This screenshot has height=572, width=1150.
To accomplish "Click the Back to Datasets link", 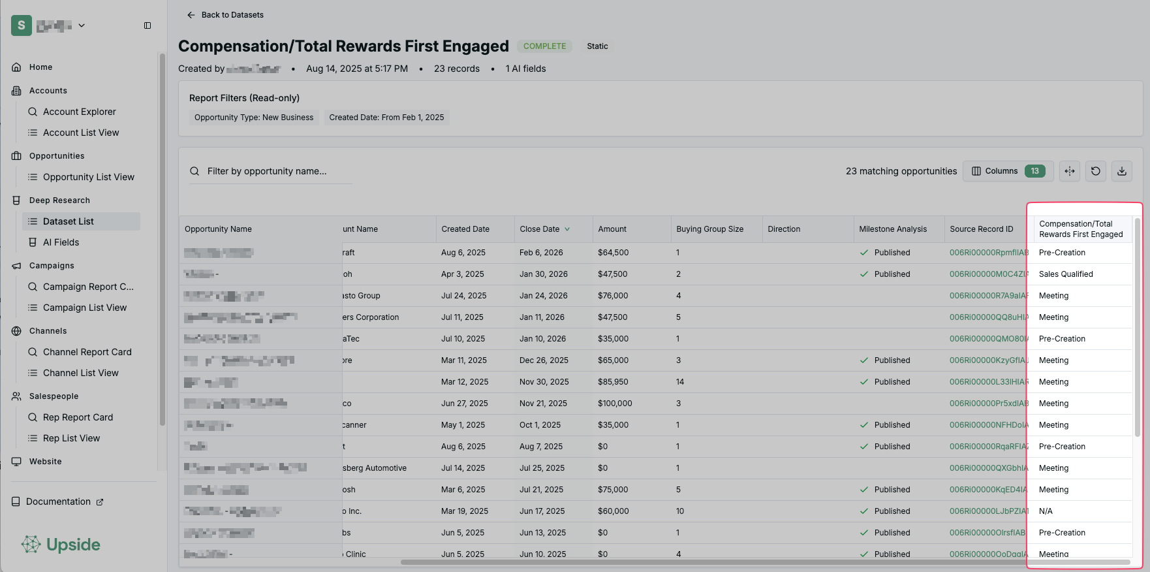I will [x=226, y=15].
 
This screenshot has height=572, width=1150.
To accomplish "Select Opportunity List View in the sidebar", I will [x=88, y=177].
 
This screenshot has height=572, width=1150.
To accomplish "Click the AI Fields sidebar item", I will [x=61, y=242].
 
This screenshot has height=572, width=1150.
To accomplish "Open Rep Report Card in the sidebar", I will [x=78, y=417].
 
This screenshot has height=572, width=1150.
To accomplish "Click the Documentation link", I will [x=58, y=501].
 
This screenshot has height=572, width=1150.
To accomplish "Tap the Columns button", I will [x=1007, y=171].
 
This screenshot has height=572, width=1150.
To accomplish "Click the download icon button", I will [x=1121, y=171].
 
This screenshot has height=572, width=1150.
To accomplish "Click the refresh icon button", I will [x=1095, y=171].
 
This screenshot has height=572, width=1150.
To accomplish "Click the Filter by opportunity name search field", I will [x=274, y=171].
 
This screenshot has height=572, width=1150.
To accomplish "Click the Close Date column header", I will [x=540, y=229].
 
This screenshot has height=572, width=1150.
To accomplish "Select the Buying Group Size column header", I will [x=709, y=229].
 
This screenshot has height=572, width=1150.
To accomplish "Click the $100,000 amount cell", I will [x=615, y=404].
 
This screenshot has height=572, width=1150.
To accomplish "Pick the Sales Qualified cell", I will [x=1066, y=274].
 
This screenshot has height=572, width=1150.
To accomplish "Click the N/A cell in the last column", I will [x=1046, y=511].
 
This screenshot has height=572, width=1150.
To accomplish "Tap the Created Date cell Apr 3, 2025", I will [x=463, y=274].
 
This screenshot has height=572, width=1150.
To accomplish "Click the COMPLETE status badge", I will [x=544, y=46].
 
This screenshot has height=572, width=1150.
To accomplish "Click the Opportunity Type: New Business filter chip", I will [x=254, y=118].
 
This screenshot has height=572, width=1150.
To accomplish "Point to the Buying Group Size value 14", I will [x=680, y=382].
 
